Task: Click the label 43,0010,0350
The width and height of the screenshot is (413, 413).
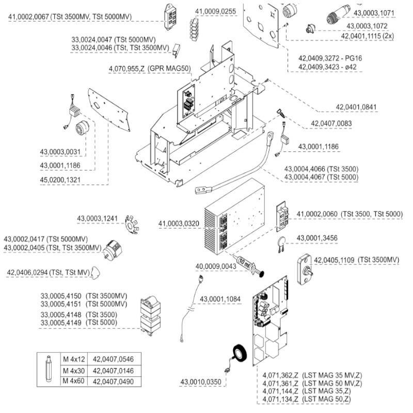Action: click(x=201, y=382)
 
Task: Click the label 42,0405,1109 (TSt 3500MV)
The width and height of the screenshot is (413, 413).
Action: click(x=357, y=259)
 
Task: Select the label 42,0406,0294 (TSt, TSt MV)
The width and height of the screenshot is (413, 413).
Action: click(x=47, y=272)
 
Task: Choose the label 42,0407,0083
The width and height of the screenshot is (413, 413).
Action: click(x=331, y=123)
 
